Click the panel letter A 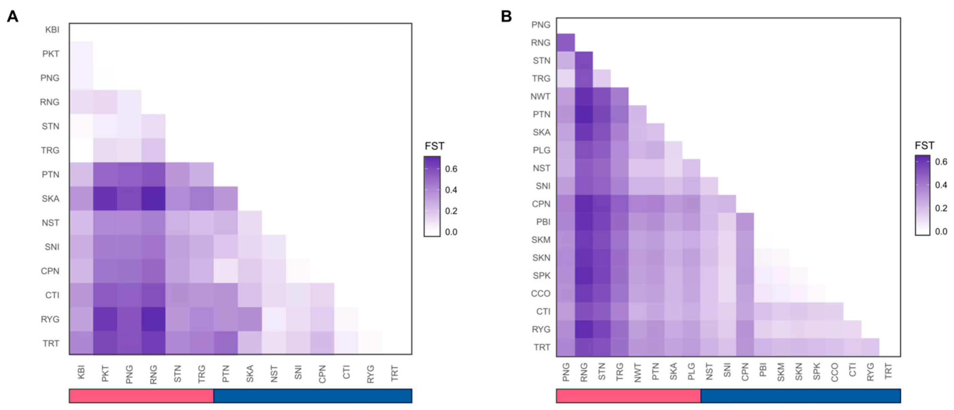[x=12, y=17]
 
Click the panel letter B [x=506, y=17]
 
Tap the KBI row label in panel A [x=52, y=30]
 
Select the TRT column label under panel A [x=395, y=373]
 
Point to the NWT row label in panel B [x=540, y=97]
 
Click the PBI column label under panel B [x=763, y=370]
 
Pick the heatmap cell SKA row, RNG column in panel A [x=153, y=199]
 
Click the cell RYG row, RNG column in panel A [x=153, y=319]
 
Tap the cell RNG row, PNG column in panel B [x=566, y=42]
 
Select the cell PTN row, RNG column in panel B [x=584, y=114]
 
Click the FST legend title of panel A [x=435, y=146]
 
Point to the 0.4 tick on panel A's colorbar [x=451, y=190]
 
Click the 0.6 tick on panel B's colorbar [x=941, y=162]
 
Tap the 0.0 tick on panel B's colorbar [x=941, y=231]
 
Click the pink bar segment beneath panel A [x=141, y=396]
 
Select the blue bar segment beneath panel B [x=800, y=396]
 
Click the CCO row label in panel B [x=540, y=294]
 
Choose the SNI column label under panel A [x=298, y=372]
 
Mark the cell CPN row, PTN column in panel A [x=226, y=271]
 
